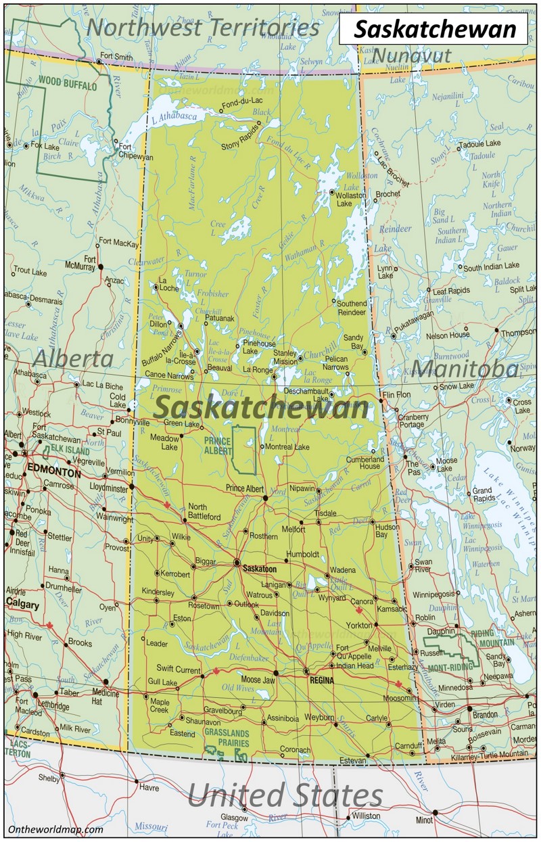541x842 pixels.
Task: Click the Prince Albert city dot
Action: (266, 498)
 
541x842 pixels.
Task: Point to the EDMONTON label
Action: (53, 474)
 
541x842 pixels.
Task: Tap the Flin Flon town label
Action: (397, 394)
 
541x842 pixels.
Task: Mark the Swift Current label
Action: (174, 669)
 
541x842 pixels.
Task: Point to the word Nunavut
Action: (412, 55)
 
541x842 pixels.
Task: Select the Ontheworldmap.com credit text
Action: (55, 829)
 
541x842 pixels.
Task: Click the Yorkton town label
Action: (359, 625)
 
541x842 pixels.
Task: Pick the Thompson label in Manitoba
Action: (518, 333)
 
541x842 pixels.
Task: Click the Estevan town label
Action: (352, 761)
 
